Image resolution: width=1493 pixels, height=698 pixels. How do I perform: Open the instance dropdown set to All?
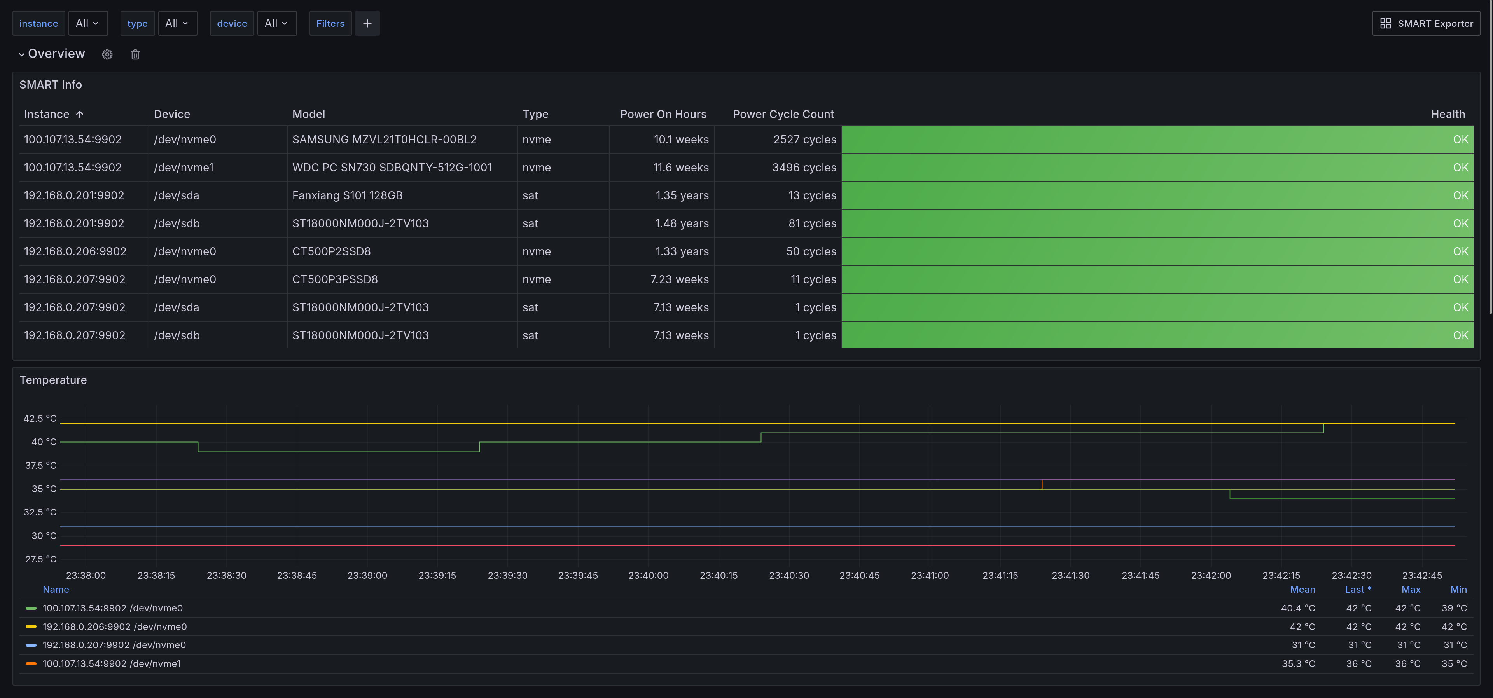tap(87, 23)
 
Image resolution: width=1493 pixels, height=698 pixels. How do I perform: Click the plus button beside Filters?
tap(367, 23)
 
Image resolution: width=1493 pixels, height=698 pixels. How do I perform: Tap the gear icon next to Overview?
tap(107, 54)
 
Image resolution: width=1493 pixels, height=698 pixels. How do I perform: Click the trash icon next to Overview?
tap(135, 54)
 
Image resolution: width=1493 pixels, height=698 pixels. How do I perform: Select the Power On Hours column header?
tap(663, 114)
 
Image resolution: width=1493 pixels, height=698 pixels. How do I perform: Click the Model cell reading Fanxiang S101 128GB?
tap(347, 195)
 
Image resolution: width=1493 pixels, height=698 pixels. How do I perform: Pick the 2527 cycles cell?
tap(804, 140)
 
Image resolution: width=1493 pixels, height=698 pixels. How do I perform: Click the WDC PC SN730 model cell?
tap(392, 168)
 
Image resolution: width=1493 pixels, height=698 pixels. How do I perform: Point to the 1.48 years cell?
tap(682, 223)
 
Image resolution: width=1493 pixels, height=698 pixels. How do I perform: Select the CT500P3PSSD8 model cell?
tap(335, 279)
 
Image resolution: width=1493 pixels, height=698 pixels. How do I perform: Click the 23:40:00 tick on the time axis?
tap(648, 575)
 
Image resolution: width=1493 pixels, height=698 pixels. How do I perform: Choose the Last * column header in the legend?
tap(1358, 590)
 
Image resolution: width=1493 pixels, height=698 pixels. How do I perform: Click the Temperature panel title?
tap(53, 380)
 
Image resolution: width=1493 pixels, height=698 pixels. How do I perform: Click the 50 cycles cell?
tap(811, 251)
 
